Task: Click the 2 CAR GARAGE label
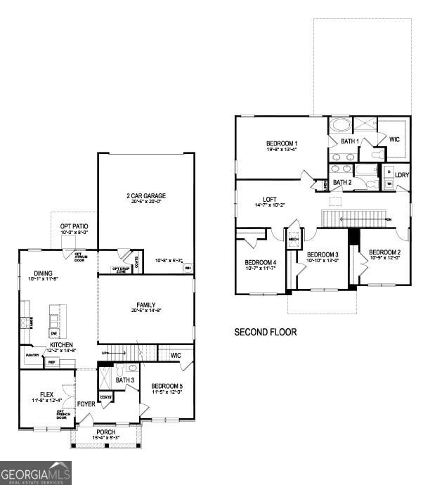click(x=146, y=195)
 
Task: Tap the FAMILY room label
click(x=146, y=305)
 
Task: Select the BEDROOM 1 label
click(x=281, y=142)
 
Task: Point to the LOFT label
click(x=270, y=198)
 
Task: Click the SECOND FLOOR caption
click(x=265, y=332)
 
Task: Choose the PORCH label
click(x=106, y=432)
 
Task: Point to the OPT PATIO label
click(x=74, y=227)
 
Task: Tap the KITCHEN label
click(x=61, y=344)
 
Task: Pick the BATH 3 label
click(x=125, y=380)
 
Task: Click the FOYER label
click(x=86, y=403)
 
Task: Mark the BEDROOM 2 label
click(x=385, y=252)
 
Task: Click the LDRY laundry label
click(x=402, y=175)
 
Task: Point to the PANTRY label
click(x=32, y=356)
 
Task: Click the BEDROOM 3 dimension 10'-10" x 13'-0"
click(x=322, y=260)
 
